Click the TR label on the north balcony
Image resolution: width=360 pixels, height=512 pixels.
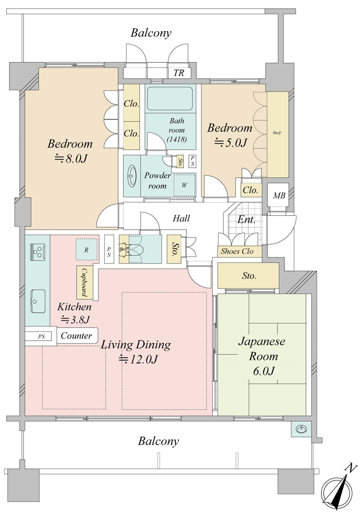tap(179, 73)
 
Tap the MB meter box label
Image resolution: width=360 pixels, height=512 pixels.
tap(279, 195)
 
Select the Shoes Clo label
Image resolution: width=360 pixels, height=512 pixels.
tap(237, 251)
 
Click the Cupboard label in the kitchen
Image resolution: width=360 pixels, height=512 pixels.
tap(85, 282)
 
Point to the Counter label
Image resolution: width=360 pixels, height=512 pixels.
tap(76, 336)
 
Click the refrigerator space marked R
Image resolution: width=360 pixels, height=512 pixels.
tap(86, 249)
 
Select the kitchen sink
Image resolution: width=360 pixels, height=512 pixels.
tap(38, 301)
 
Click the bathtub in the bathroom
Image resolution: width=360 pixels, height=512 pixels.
tap(169, 99)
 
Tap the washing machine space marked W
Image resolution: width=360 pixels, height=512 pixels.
tap(184, 185)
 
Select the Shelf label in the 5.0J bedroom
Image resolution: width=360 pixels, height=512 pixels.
tap(277, 133)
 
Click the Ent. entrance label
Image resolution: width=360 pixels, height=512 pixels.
tap(246, 220)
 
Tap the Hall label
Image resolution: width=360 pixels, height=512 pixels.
tap(181, 218)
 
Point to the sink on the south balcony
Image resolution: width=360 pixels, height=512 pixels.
tap(301, 429)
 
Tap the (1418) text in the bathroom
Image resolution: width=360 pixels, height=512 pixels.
tap(176, 139)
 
